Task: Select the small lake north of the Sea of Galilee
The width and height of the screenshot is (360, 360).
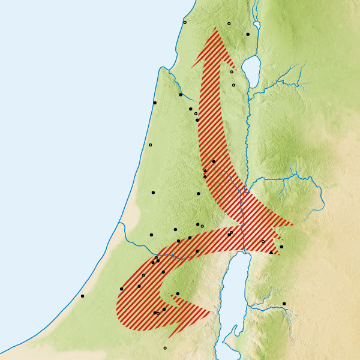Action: coord(257,25)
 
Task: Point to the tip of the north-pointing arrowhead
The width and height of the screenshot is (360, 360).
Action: coord(214,28)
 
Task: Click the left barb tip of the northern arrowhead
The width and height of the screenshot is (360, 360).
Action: coord(193,67)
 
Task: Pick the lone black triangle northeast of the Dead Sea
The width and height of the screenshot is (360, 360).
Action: coord(271,252)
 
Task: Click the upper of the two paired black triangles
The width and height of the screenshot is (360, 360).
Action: coord(205,171)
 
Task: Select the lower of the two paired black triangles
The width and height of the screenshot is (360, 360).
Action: coord(205,176)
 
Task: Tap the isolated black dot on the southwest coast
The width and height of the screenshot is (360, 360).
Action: coord(82,296)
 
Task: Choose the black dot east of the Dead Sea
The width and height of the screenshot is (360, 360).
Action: coord(284,304)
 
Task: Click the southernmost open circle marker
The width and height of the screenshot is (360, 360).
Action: coord(165,348)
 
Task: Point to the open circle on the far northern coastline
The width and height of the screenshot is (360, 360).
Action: coord(185,22)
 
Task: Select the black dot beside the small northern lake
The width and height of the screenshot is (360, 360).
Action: coord(248,34)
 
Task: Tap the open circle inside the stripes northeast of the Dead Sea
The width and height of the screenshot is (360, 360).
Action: coord(263,241)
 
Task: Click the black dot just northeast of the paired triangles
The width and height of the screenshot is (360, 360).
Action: coord(214,161)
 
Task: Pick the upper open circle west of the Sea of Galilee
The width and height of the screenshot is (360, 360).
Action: coord(232,72)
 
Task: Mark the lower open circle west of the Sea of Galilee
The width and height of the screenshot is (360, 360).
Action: coord(233,85)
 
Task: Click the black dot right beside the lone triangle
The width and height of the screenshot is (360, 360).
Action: coord(281,247)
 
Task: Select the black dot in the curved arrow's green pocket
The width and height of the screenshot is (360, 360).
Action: coord(178,293)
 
